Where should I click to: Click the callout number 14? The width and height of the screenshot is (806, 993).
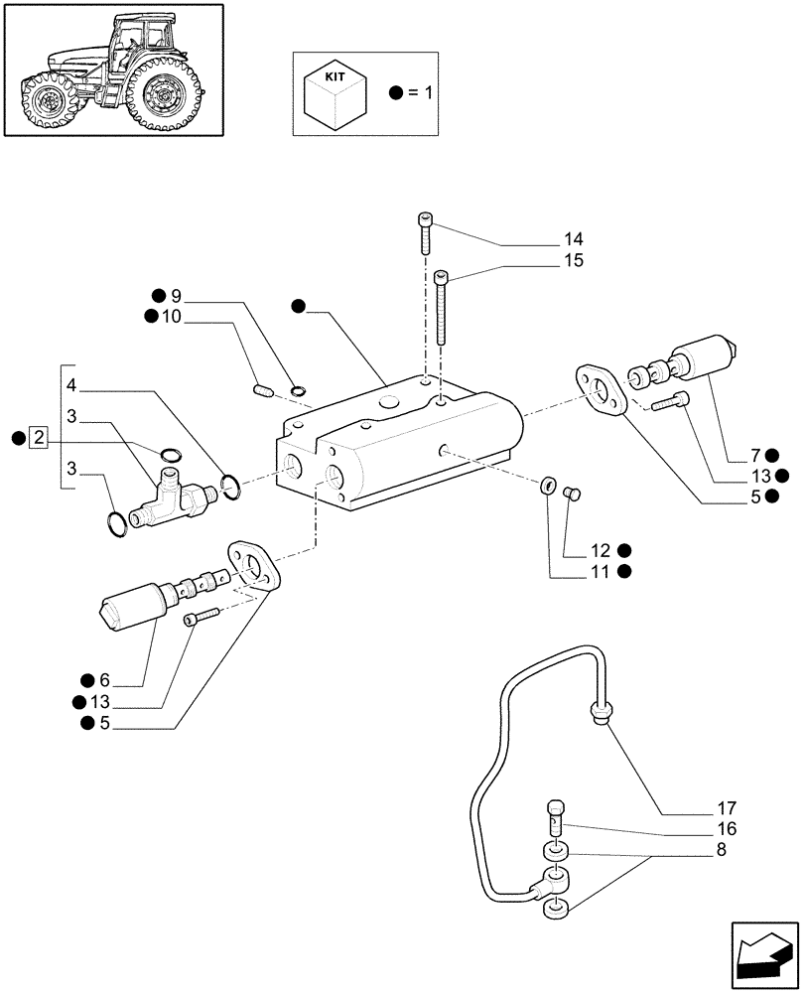click(x=573, y=239)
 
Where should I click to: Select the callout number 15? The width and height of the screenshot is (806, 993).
click(x=573, y=261)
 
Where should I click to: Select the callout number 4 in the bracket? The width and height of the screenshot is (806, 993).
click(x=71, y=384)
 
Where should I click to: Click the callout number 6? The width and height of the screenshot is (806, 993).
click(x=103, y=680)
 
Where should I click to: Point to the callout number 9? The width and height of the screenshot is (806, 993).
click(x=176, y=295)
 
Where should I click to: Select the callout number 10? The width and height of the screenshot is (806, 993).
click(x=171, y=317)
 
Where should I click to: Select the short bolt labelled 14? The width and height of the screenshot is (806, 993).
click(x=426, y=236)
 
